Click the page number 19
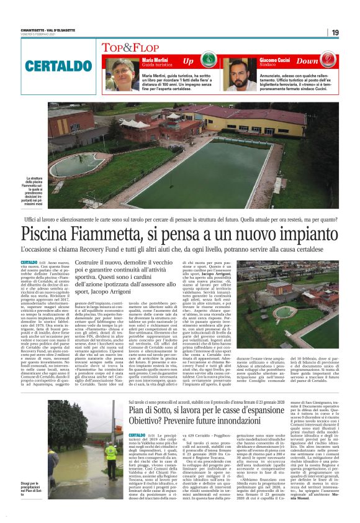[x=335, y=32]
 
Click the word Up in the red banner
[x=188, y=61]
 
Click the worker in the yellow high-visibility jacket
[x=110, y=451]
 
